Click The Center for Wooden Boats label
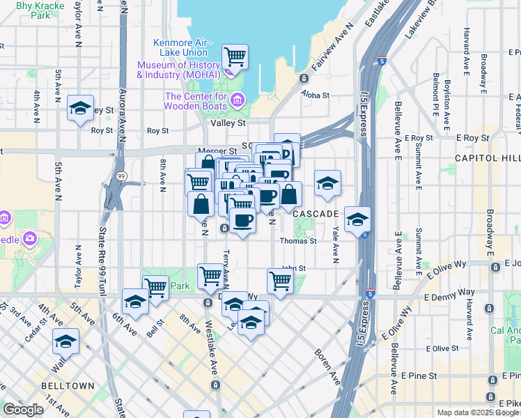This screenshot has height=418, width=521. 197,101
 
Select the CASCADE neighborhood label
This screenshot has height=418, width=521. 316,212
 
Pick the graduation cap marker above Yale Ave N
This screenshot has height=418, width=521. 327,183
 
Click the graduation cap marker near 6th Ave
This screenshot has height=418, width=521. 135,302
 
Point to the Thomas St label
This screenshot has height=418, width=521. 298,241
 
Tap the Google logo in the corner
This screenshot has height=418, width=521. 23,409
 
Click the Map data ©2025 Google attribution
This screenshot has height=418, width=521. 478,412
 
